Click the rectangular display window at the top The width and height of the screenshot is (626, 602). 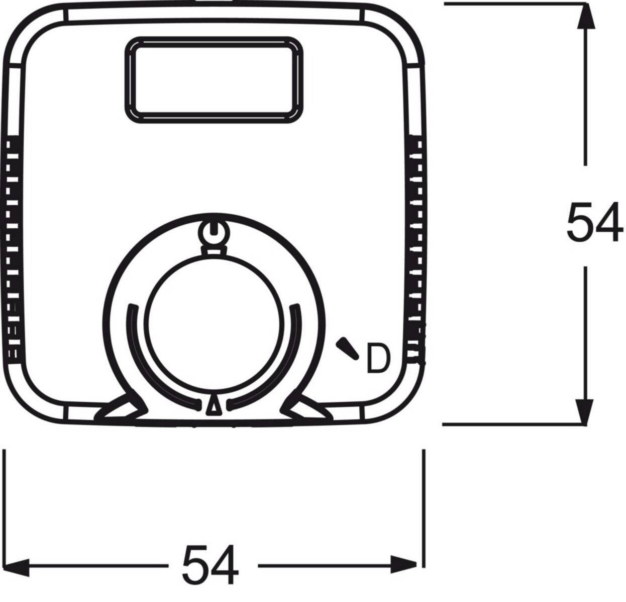click(x=215, y=79)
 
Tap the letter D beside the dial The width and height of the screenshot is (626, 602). click(x=377, y=358)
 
